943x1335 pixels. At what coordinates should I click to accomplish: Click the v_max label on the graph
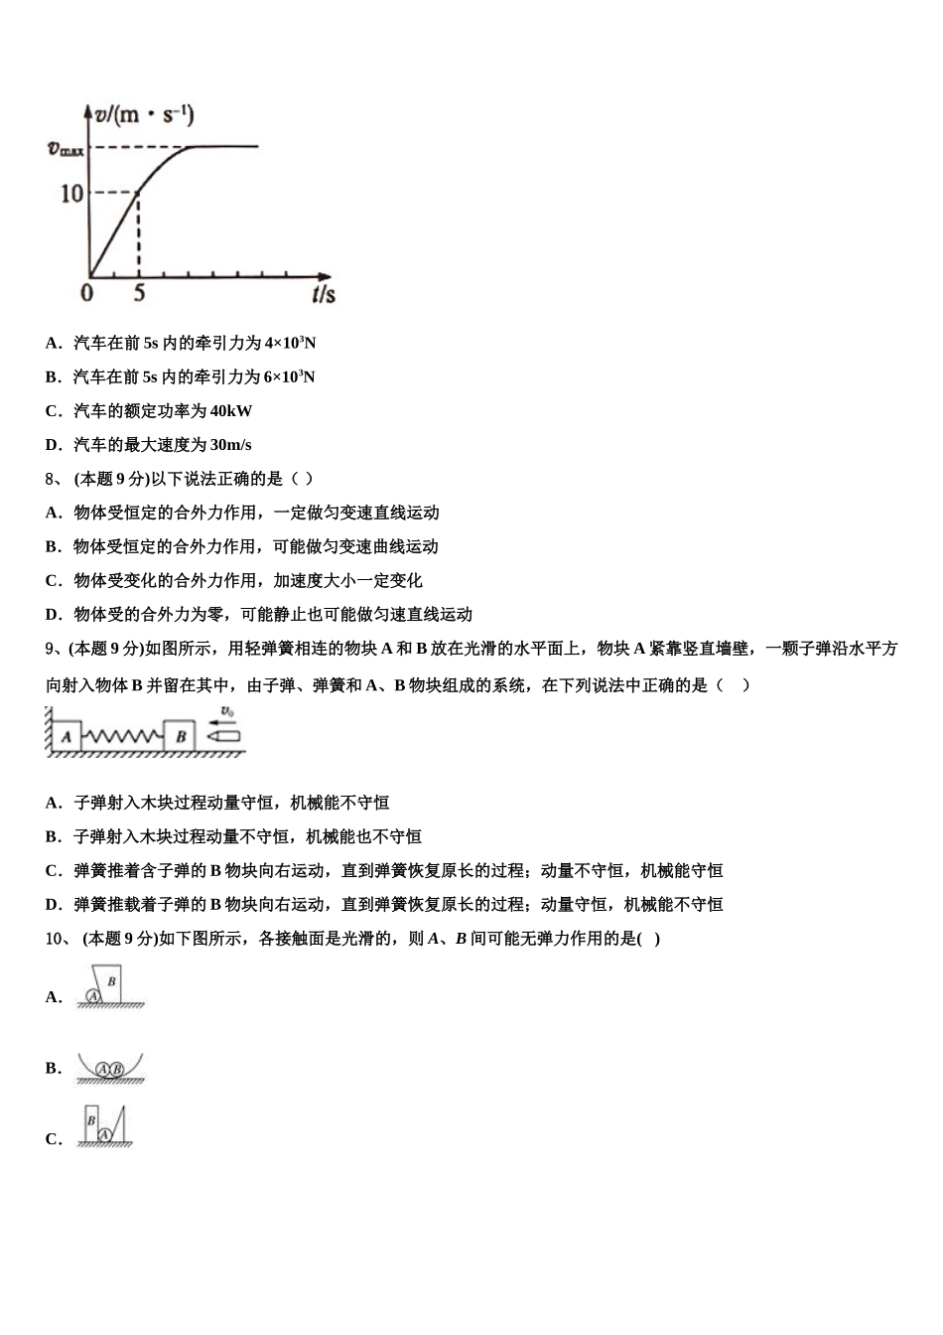(x=67, y=149)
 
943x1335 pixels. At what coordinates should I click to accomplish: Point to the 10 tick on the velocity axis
(x=72, y=193)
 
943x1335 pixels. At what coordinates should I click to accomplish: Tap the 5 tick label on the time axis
(x=139, y=293)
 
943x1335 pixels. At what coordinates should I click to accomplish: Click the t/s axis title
(x=323, y=294)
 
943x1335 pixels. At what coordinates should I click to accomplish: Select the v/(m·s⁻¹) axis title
(x=145, y=116)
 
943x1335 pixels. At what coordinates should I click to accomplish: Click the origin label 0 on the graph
(x=87, y=293)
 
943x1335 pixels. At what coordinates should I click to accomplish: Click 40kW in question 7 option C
(x=231, y=411)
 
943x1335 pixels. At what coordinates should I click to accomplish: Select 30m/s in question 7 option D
(x=231, y=445)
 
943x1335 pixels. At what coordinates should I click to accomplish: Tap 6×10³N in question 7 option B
(x=287, y=377)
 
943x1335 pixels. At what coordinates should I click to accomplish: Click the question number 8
(x=53, y=479)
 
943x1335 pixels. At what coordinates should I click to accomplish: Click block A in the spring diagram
(x=67, y=736)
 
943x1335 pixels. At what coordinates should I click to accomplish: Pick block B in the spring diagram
(x=181, y=736)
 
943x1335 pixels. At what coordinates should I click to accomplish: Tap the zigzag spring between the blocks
(x=123, y=737)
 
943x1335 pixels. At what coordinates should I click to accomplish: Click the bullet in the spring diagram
(x=223, y=737)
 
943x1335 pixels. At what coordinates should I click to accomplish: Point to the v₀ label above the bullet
(x=227, y=711)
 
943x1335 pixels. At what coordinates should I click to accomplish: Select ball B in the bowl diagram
(x=117, y=1069)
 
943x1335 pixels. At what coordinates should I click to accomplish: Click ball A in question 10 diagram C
(x=104, y=1133)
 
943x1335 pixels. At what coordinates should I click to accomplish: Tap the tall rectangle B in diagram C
(x=91, y=1122)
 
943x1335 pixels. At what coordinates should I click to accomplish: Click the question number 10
(x=56, y=938)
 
